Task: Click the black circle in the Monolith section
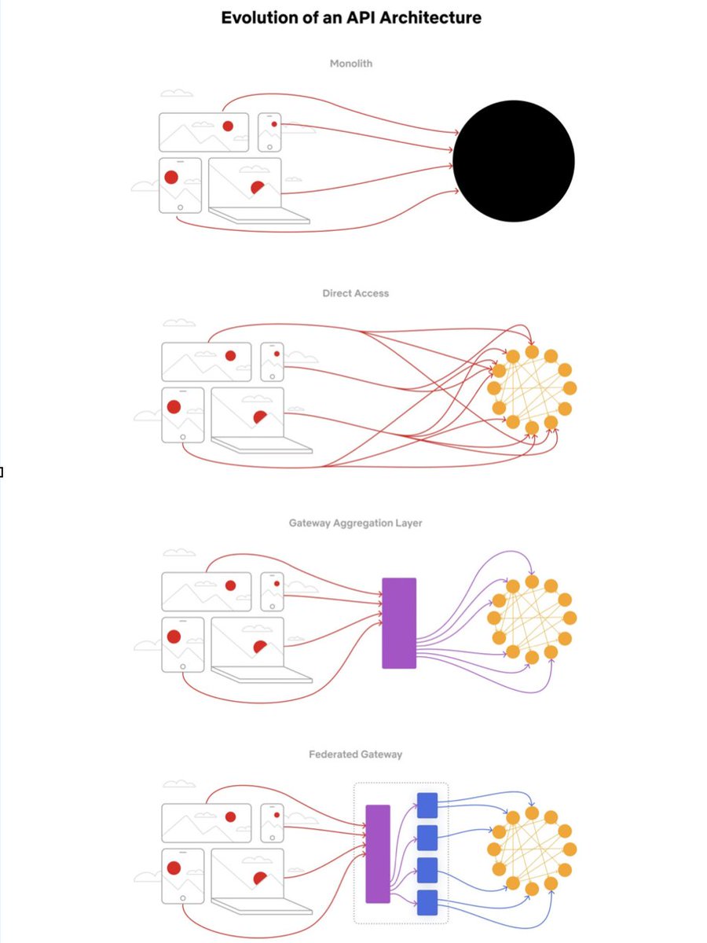(514, 161)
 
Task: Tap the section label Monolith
(351, 64)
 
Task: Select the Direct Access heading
(355, 293)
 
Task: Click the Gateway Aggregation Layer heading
(355, 523)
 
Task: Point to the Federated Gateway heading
(355, 754)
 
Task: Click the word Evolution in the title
(259, 17)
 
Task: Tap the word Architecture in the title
(432, 17)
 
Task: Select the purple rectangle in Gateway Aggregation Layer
(399, 623)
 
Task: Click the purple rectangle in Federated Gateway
(378, 853)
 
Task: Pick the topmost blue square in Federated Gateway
(427, 805)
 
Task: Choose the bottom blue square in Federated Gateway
(427, 902)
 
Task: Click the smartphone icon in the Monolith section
(270, 130)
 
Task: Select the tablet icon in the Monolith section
(180, 185)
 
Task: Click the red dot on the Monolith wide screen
(228, 126)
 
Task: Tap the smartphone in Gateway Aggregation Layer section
(272, 591)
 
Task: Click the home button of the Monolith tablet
(181, 207)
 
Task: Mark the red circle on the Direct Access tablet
(174, 406)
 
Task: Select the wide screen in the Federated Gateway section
(207, 822)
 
